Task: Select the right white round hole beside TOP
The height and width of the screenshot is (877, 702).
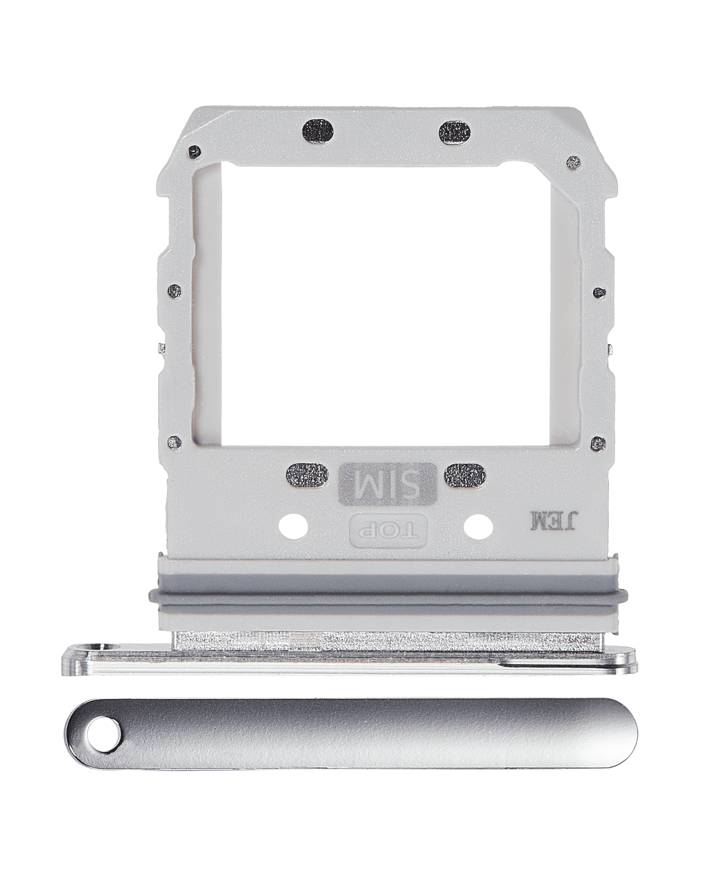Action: [478, 527]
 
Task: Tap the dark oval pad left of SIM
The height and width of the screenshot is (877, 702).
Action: [307, 476]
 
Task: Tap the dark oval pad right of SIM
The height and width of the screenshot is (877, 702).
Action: [464, 475]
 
